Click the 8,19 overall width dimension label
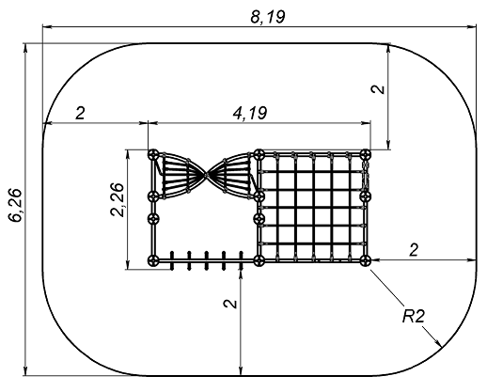(268, 17)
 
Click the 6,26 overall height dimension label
(15, 205)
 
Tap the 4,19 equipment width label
(250, 113)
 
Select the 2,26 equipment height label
(118, 199)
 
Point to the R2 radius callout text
(414, 317)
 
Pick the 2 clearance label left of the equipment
(80, 113)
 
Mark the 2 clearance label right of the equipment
(414, 250)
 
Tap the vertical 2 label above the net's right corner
(378, 89)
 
